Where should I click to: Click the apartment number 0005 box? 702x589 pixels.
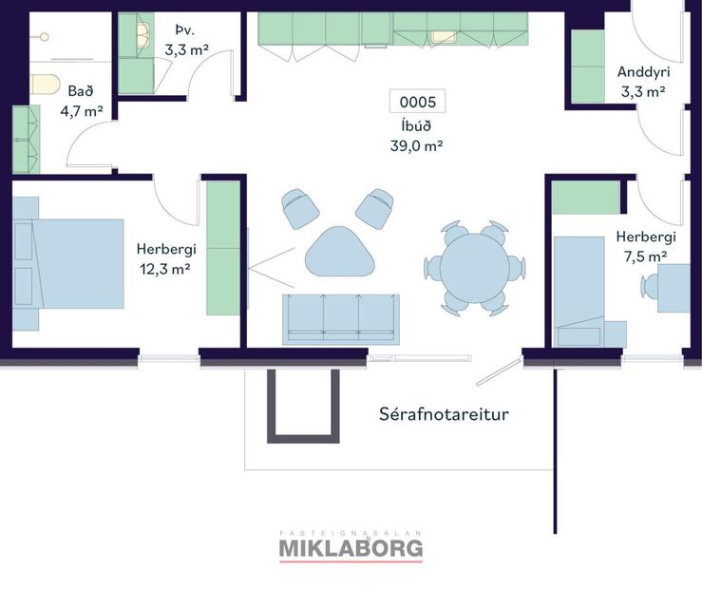point(418,102)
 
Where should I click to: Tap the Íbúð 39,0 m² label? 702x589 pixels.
point(418,136)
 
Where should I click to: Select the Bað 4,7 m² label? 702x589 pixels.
point(85,101)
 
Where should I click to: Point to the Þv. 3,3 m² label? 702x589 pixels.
point(187,41)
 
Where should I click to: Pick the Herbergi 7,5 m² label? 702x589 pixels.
point(645,246)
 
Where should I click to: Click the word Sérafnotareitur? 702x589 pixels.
point(437,414)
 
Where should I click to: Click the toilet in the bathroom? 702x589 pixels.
point(46,85)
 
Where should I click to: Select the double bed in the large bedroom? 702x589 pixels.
point(68,263)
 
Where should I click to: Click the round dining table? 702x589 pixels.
point(474,268)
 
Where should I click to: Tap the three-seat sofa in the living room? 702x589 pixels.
point(341,317)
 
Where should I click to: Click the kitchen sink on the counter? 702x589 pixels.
point(444,37)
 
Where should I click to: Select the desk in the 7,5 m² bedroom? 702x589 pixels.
point(674,288)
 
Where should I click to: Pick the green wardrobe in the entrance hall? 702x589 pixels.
point(588,65)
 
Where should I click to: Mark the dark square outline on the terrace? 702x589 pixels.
point(303,405)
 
